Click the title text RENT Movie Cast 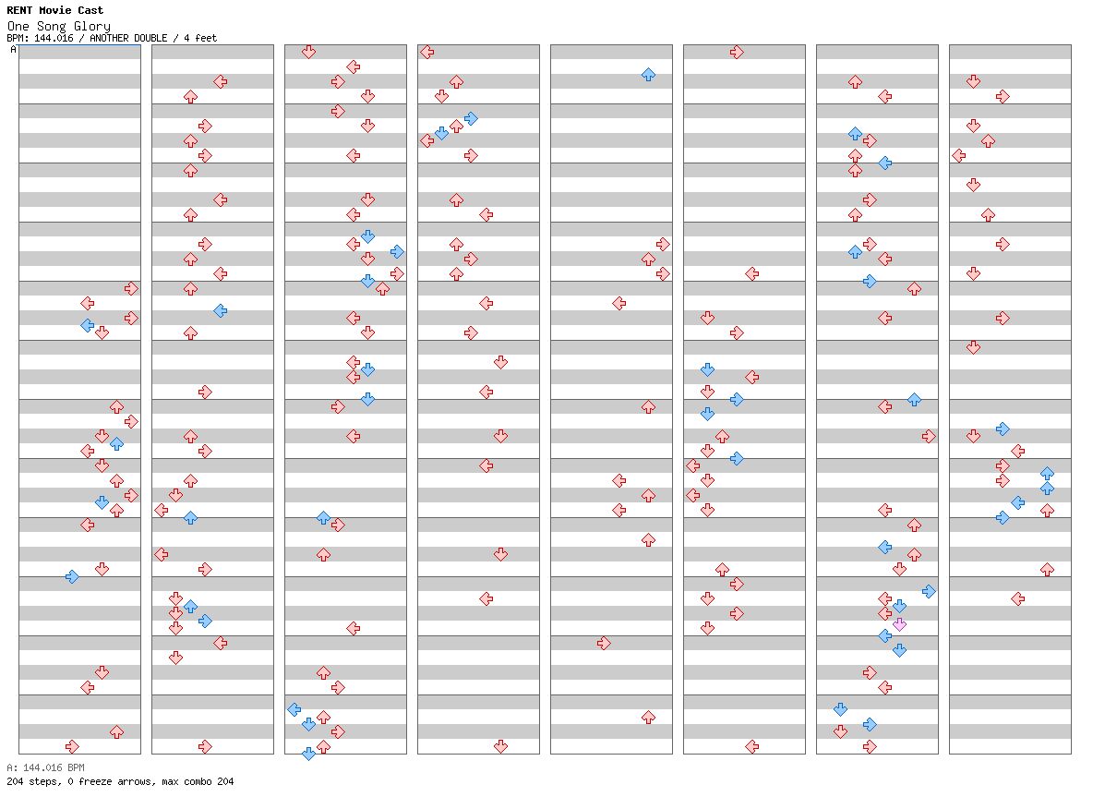pyautogui.click(x=55, y=10)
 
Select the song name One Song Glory pyautogui.click(x=58, y=26)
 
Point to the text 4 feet pyautogui.click(x=200, y=39)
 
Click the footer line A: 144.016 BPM pyautogui.click(x=45, y=767)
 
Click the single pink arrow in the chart pyautogui.click(x=900, y=624)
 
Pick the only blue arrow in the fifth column pyautogui.click(x=648, y=75)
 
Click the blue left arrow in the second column pyautogui.click(x=221, y=310)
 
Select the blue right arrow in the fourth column pyautogui.click(x=471, y=118)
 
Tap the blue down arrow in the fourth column pyautogui.click(x=441, y=132)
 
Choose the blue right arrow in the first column pyautogui.click(x=73, y=577)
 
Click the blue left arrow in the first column pyautogui.click(x=87, y=325)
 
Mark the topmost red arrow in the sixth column pyautogui.click(x=737, y=53)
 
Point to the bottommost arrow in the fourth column pyautogui.click(x=500, y=746)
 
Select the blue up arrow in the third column pyautogui.click(x=323, y=517)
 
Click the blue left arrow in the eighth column pyautogui.click(x=1017, y=502)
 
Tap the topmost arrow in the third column pyautogui.click(x=309, y=53)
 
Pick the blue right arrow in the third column pyautogui.click(x=397, y=252)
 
